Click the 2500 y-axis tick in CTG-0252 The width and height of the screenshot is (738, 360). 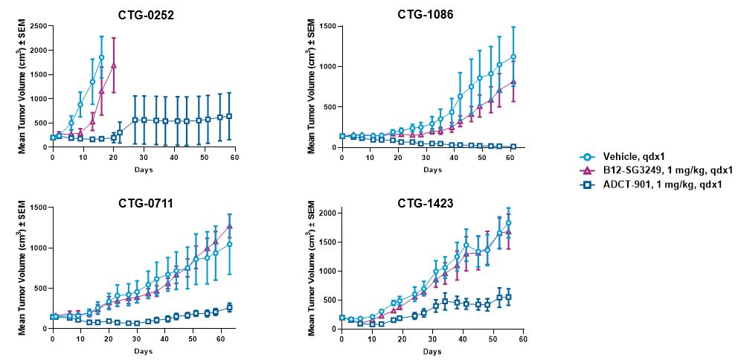[37, 26]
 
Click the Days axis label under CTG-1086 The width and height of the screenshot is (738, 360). [431, 170]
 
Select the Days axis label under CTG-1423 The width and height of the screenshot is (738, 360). [431, 350]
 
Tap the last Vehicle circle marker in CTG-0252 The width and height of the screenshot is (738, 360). [101, 57]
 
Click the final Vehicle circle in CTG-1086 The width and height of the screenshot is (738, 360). [513, 57]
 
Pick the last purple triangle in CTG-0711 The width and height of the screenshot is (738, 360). [229, 226]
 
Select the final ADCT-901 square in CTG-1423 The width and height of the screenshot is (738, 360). [508, 297]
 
